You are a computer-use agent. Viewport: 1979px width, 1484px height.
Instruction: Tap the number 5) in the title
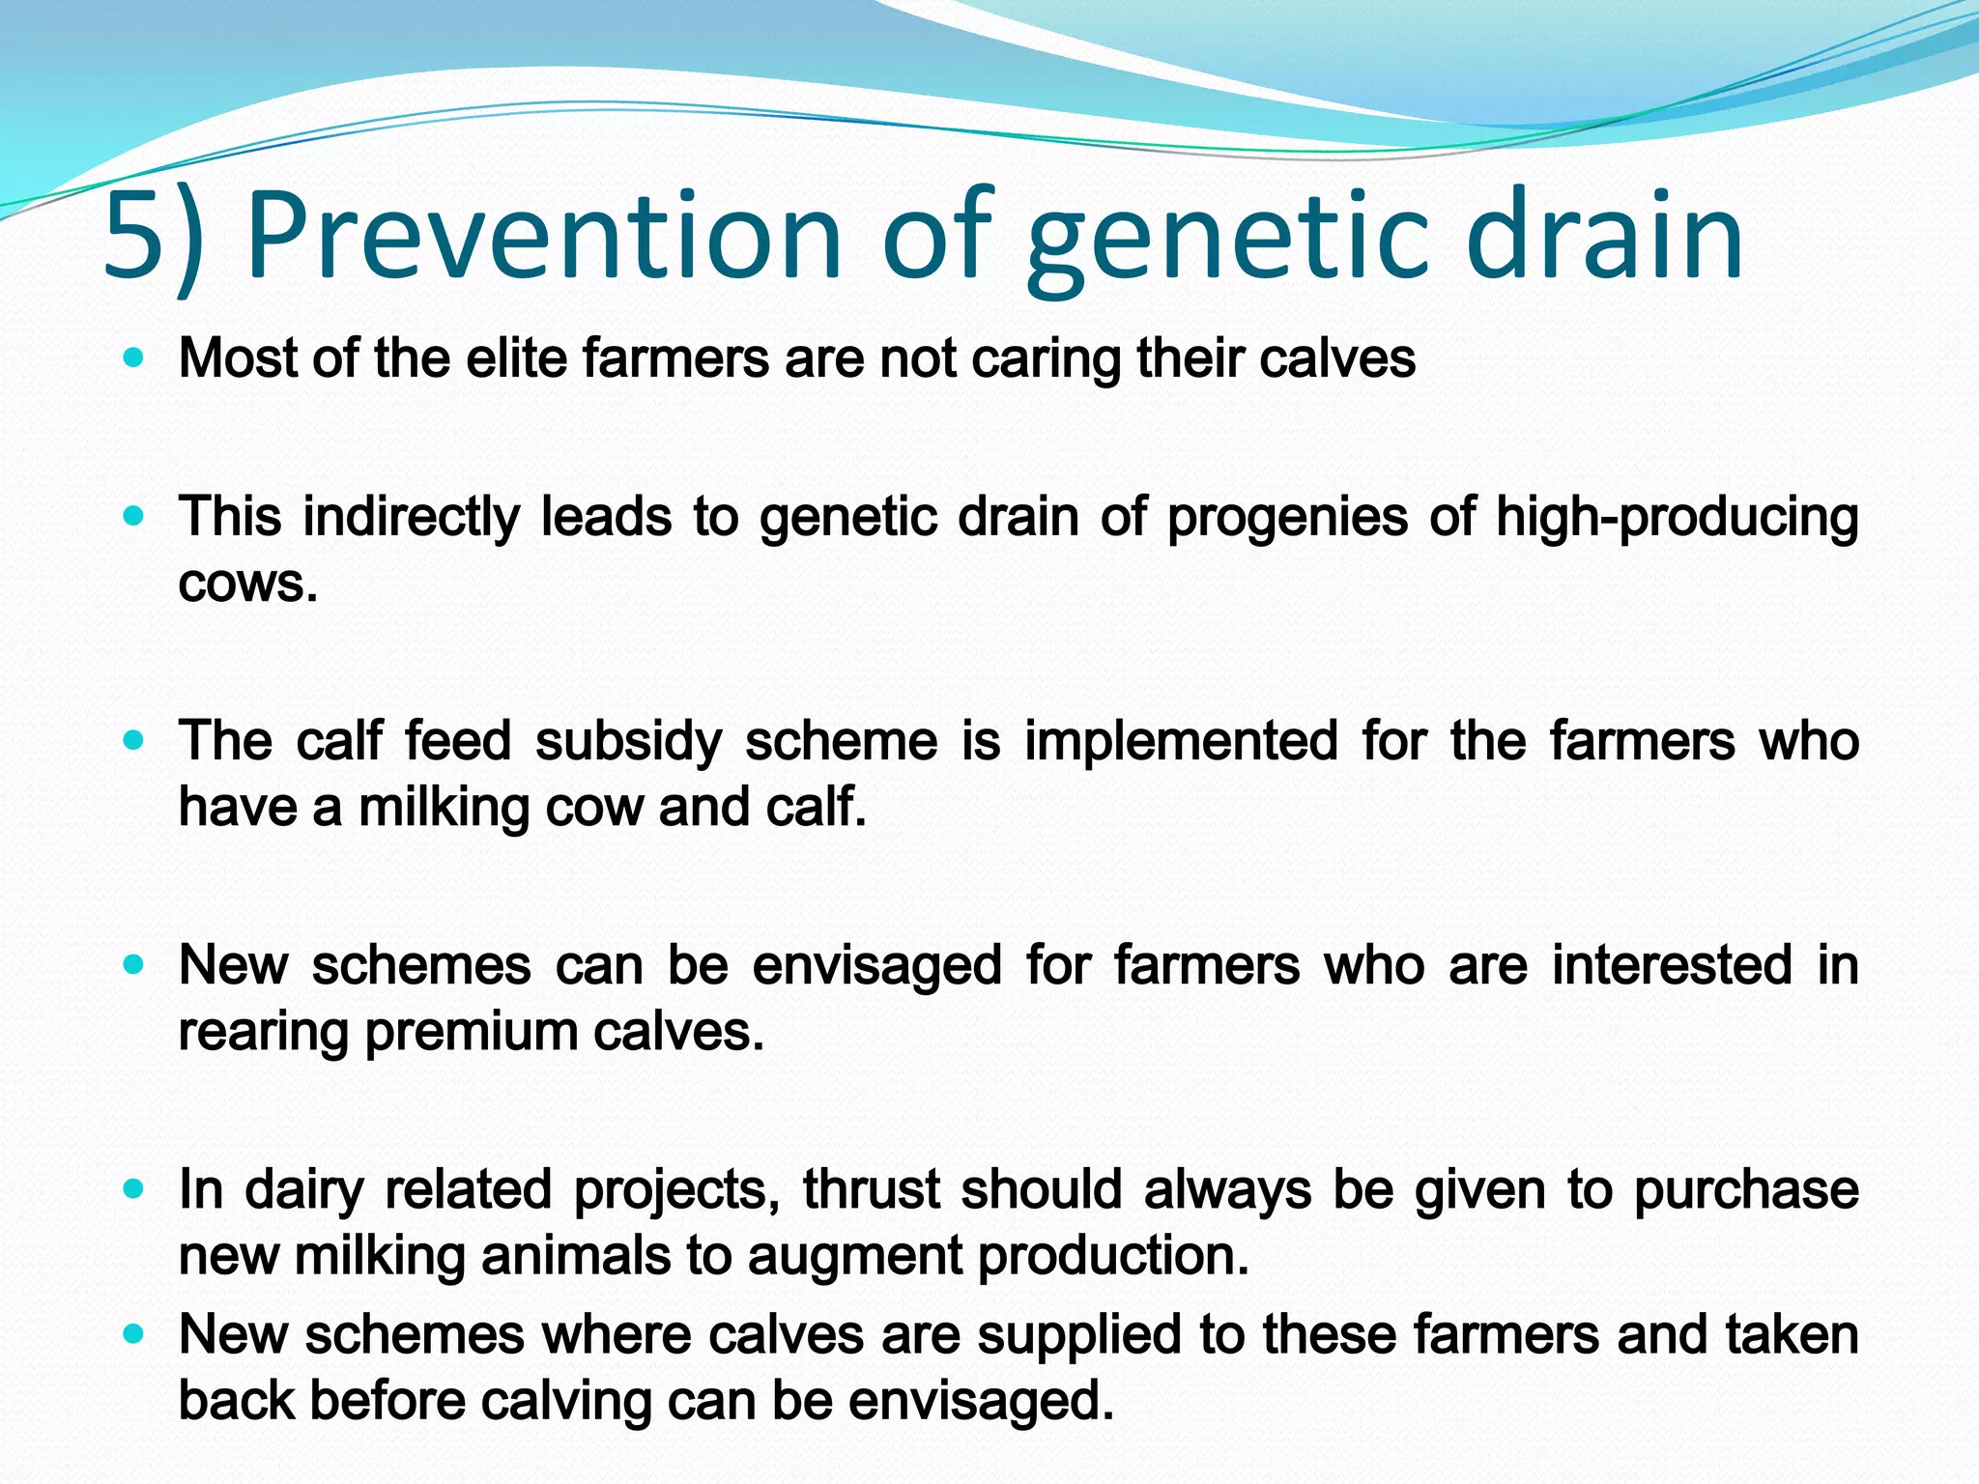155,237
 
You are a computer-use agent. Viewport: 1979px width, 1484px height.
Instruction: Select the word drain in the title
1604,237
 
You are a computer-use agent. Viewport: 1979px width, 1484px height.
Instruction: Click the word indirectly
412,518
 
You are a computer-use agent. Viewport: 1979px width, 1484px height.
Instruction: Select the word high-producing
1678,518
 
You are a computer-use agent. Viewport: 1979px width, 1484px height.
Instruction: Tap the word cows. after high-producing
248,584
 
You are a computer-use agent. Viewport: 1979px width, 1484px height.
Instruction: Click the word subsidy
628,742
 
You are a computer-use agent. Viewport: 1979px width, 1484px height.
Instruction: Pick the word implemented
1181,742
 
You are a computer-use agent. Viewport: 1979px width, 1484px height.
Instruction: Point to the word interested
1672,965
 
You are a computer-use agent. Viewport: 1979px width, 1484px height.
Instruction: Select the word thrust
871,1189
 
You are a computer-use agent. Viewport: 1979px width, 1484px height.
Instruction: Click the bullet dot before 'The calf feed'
134,741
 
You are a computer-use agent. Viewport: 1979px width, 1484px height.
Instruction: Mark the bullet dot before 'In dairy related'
134,1189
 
